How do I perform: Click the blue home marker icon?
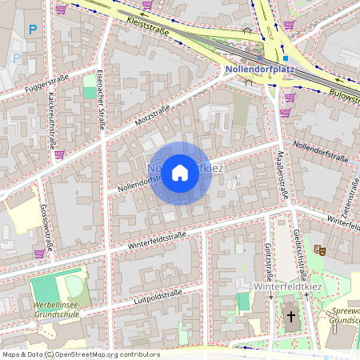180,173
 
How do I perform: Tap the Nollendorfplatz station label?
260,70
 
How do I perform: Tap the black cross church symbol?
291,317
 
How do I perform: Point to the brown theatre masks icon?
320,250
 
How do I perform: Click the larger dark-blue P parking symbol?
33,30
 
